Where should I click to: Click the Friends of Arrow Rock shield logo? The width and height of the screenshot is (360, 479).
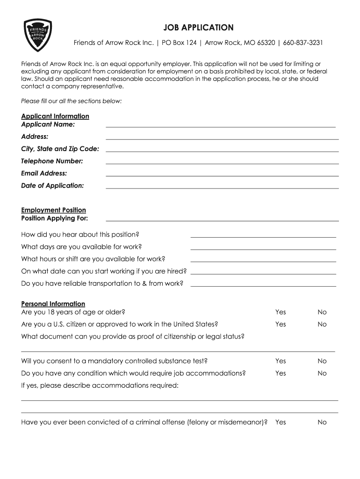[37, 36]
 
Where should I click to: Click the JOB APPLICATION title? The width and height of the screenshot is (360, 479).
[198, 28]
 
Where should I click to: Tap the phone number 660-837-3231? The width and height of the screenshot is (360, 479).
[302, 43]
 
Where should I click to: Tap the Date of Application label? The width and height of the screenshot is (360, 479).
[52, 186]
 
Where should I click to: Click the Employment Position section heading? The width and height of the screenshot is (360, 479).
[53, 210]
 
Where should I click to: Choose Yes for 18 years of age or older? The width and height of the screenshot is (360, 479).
[281, 312]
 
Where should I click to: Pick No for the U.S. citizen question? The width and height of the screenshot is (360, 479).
[322, 324]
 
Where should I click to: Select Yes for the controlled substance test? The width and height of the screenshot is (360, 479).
[281, 361]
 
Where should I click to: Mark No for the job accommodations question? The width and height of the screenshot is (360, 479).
[322, 373]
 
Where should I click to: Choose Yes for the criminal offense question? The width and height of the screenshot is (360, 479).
[281, 422]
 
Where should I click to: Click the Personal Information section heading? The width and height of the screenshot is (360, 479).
[53, 304]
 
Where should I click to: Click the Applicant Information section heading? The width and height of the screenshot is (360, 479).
[55, 116]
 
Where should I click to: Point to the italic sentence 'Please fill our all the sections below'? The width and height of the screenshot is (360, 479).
[71, 101]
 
